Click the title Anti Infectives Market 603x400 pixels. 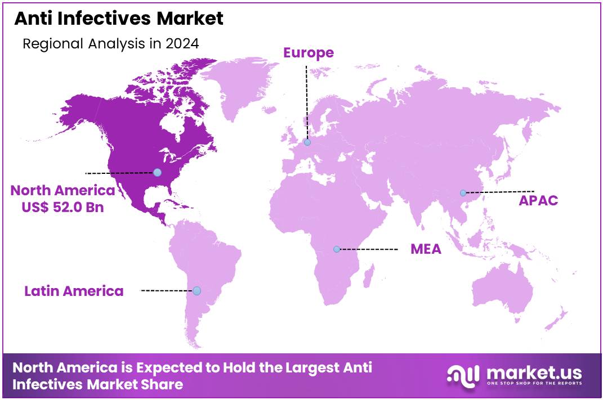[119, 19]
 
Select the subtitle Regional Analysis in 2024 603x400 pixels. [110, 44]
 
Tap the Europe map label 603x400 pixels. [308, 53]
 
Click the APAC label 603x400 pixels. [538, 200]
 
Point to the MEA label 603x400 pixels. [426, 249]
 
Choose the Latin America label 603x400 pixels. [74, 291]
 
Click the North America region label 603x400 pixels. [62, 190]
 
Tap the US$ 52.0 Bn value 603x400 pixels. [62, 206]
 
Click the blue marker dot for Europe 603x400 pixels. [307, 142]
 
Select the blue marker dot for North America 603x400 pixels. [158, 172]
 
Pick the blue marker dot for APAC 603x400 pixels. [463, 193]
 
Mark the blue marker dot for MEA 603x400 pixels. [337, 249]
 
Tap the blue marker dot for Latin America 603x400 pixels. [196, 291]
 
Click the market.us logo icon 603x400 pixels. [463, 375]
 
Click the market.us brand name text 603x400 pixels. [533, 372]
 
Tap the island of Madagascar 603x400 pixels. [369, 276]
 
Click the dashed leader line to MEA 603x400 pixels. [369, 249]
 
